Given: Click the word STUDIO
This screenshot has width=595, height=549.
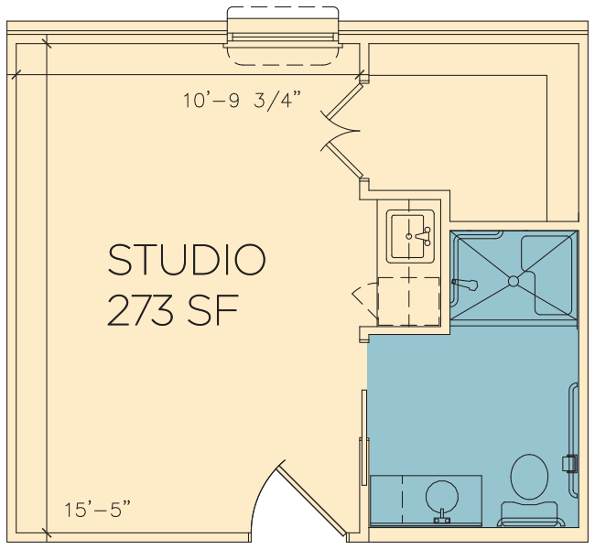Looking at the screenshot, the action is [x=187, y=260].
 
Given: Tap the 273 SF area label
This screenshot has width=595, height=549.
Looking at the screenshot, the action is [x=173, y=310].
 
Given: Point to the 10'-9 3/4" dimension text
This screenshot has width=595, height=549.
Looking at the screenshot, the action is [x=242, y=101].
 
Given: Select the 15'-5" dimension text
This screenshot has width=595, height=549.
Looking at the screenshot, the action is [x=98, y=509].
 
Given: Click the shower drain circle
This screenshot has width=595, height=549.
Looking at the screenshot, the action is [x=513, y=281].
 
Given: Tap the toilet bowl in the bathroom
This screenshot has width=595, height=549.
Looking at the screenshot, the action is [x=529, y=477].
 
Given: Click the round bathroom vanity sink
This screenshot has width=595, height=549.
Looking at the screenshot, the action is [x=442, y=497].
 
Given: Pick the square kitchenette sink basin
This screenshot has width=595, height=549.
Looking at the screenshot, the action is [x=407, y=236].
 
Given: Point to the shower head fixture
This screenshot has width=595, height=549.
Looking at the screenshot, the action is [x=464, y=284].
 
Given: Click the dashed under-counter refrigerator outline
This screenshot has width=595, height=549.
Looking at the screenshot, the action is [x=408, y=301].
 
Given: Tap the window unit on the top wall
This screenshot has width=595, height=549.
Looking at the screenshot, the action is [x=283, y=37].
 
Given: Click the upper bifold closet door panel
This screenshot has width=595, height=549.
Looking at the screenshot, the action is [x=344, y=101].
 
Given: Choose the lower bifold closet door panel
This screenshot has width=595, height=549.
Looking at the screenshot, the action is [x=344, y=160].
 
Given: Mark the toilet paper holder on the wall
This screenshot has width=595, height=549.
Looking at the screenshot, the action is [x=569, y=463].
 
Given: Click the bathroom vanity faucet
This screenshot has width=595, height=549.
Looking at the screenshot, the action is [x=442, y=516].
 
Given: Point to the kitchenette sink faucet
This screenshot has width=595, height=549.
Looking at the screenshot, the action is [x=424, y=236].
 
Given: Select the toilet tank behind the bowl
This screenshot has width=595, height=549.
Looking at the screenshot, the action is [x=529, y=513].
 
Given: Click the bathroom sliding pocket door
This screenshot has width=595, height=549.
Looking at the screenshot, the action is [x=364, y=437].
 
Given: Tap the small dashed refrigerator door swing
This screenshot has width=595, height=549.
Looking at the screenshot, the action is [x=365, y=300].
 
